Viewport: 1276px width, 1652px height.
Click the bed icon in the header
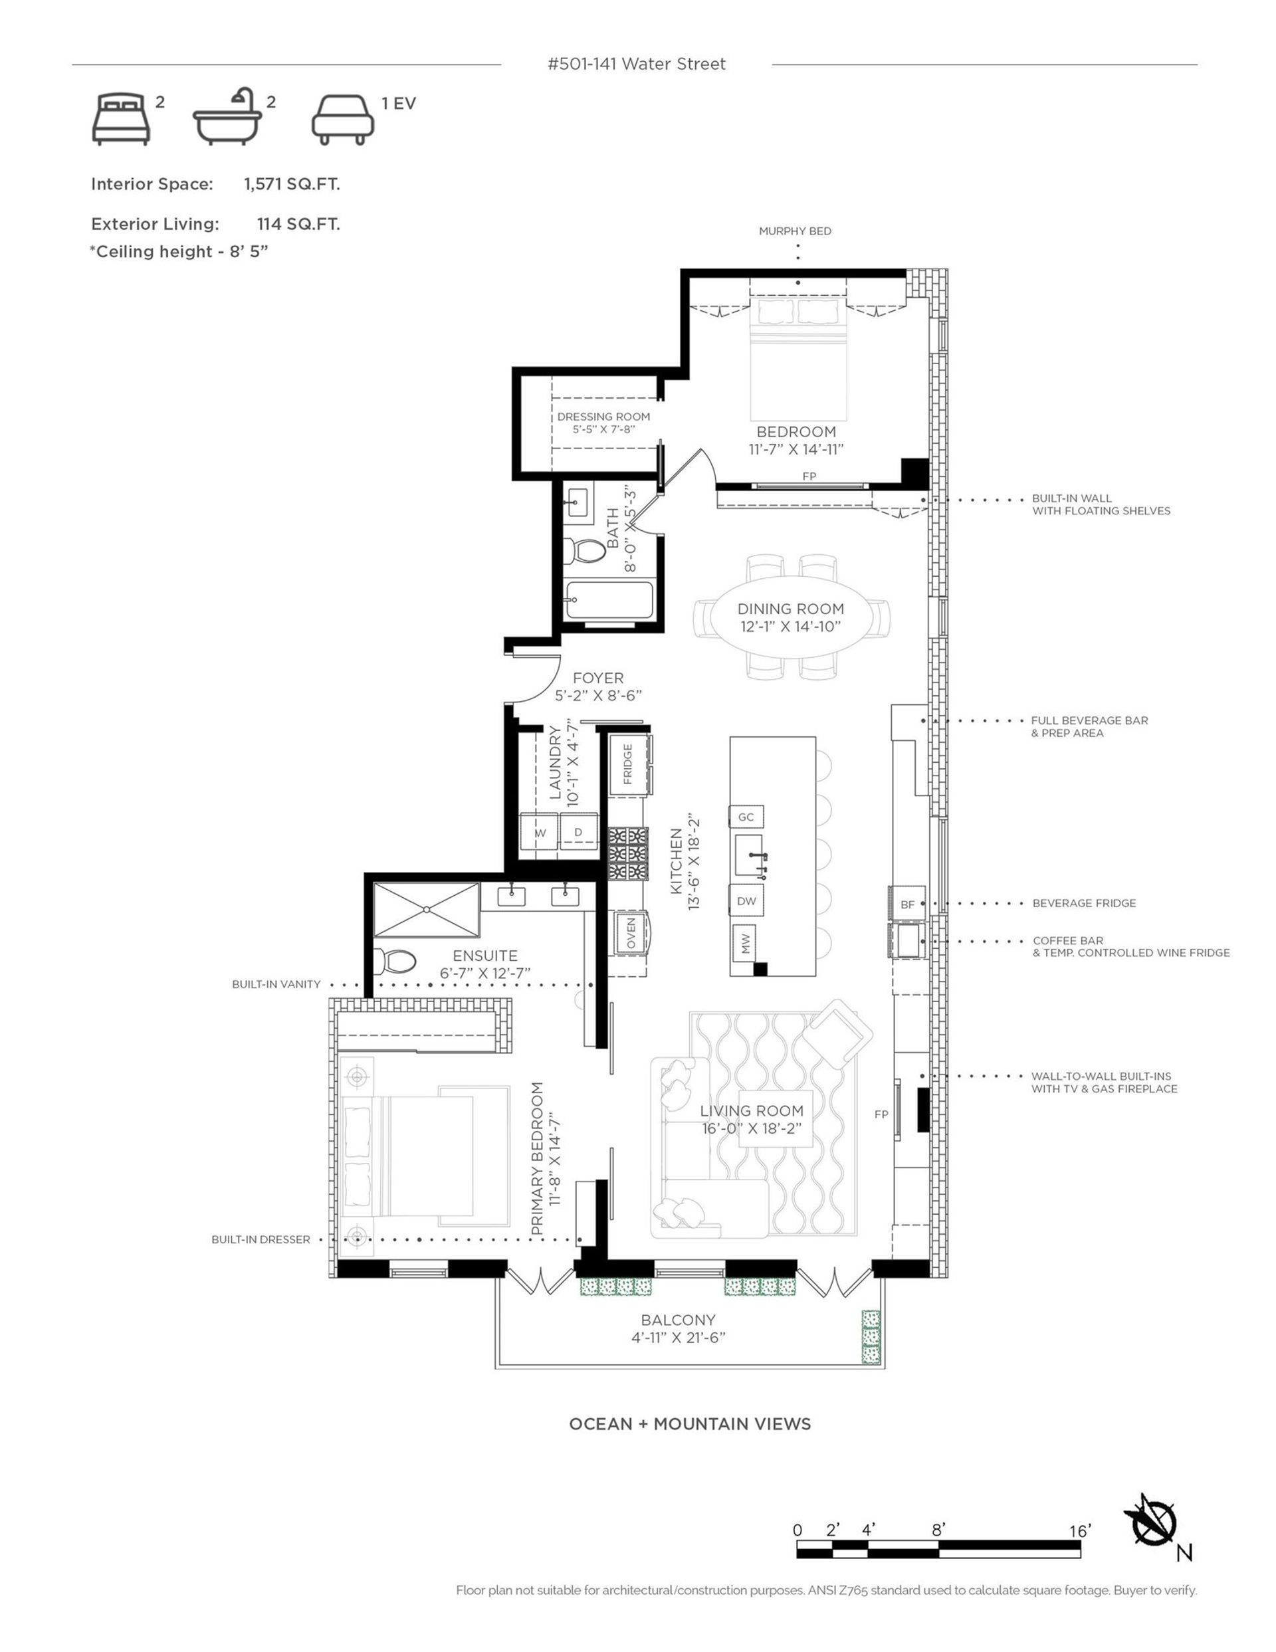121,119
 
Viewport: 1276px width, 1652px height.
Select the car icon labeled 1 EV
343,119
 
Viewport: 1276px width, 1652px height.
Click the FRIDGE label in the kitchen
627,764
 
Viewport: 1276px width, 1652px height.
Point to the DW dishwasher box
746,901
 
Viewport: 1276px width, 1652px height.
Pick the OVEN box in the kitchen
631,932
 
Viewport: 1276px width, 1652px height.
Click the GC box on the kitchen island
746,817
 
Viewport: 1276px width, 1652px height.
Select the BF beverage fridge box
908,904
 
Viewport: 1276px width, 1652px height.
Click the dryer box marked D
578,832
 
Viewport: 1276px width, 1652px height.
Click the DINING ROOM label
790,609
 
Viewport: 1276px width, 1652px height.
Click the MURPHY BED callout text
795,231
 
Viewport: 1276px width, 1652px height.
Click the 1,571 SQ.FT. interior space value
291,184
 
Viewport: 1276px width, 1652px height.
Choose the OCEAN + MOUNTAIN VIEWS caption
689,1423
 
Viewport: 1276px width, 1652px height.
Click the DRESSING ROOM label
603,417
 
